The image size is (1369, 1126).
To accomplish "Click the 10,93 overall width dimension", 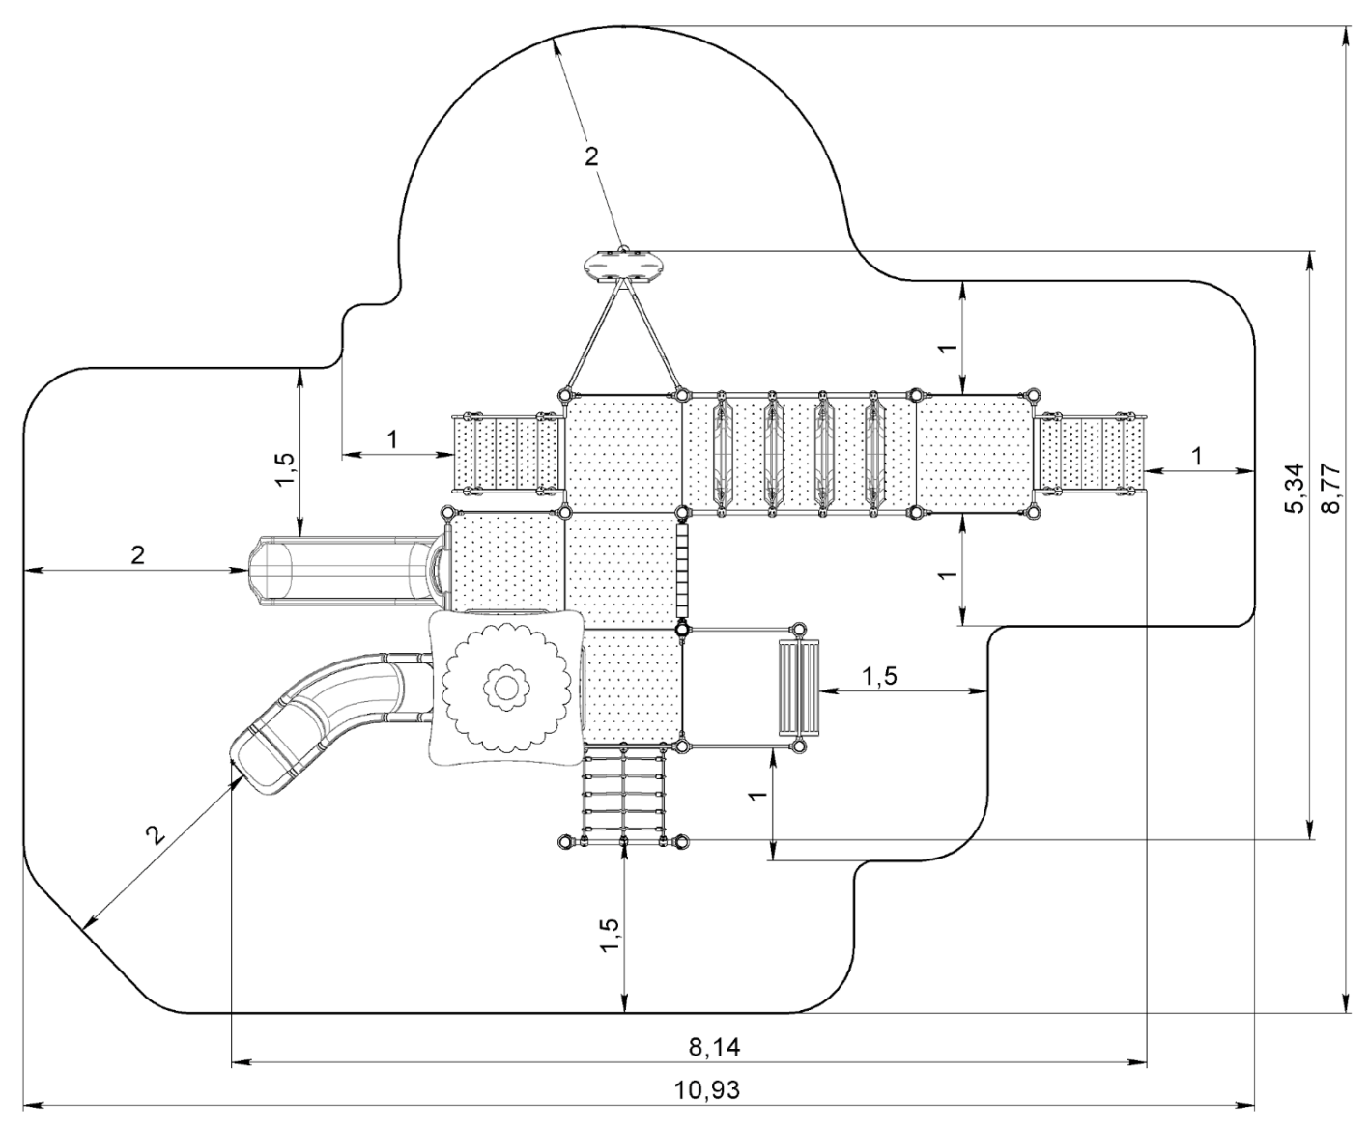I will point(710,1090).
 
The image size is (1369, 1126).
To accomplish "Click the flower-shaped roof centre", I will point(503,687).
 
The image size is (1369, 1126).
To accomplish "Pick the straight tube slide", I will point(338,569).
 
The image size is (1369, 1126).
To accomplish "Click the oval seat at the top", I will point(622,264).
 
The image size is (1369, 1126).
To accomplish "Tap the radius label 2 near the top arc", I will point(591,157).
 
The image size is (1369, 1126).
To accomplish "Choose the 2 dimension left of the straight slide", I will point(137,555).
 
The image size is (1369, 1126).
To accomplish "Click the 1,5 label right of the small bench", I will point(879,676).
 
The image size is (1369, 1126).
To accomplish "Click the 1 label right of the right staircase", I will point(1199,456).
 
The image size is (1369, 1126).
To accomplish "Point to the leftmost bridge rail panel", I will point(721,451).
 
